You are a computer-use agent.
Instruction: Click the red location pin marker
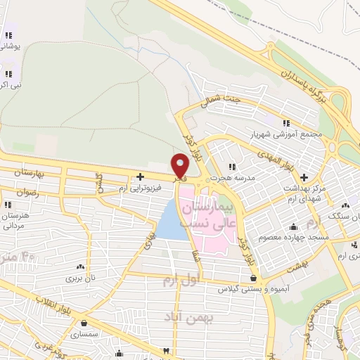point(181,165)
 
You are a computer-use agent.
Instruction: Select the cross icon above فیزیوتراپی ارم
point(141,176)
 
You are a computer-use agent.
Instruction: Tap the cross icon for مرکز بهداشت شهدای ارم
point(304,177)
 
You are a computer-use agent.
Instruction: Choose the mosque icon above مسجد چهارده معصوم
point(292,227)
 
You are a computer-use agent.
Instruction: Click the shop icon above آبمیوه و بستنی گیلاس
point(252,278)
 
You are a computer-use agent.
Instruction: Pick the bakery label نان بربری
point(79,277)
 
